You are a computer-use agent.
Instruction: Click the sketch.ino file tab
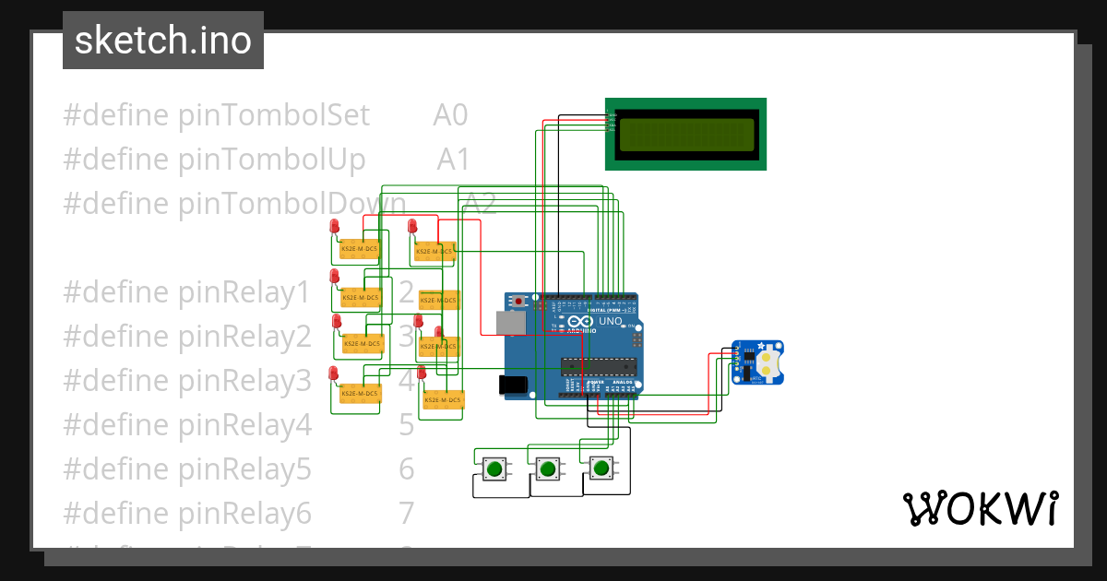click(x=163, y=41)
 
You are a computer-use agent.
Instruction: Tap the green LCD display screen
click(x=685, y=134)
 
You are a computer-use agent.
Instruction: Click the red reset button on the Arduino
click(x=520, y=301)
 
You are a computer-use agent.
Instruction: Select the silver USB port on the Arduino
click(x=509, y=322)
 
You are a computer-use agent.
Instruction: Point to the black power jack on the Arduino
click(x=511, y=385)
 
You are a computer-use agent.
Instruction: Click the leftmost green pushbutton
click(x=494, y=468)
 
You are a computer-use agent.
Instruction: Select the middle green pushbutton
click(x=548, y=468)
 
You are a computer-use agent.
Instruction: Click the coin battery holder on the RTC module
click(x=768, y=362)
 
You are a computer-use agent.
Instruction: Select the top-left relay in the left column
click(x=360, y=249)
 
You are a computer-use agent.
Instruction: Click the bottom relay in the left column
click(x=360, y=394)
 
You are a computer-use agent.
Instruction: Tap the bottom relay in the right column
click(x=443, y=399)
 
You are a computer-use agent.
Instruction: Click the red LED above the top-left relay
click(x=334, y=227)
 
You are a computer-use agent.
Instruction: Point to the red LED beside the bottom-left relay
click(x=333, y=373)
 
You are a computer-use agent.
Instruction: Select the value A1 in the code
click(x=454, y=160)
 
